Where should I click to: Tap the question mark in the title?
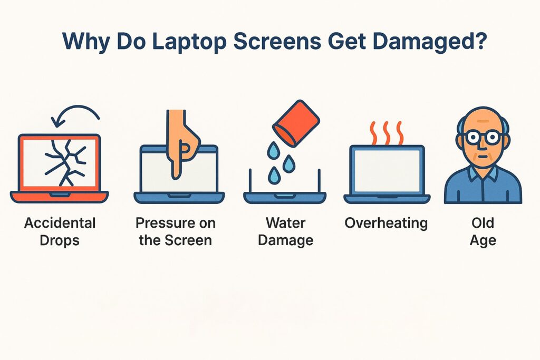tap(479, 42)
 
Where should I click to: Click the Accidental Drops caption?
tap(60, 231)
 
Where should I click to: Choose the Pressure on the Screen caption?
tap(176, 231)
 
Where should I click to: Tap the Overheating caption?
tap(386, 222)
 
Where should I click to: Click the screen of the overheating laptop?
tap(387, 170)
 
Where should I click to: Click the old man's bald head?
tap(482, 117)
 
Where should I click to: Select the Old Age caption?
tap(483, 231)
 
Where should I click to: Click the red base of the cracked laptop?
tap(59, 197)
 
